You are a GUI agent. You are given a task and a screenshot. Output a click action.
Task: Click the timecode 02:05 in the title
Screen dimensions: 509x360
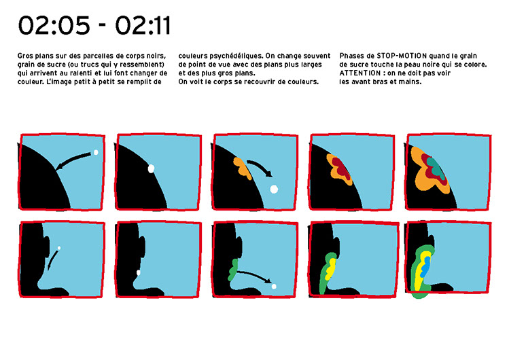pyautogui.click(x=54, y=26)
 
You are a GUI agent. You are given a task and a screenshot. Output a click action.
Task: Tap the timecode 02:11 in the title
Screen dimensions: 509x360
pyautogui.click(x=143, y=26)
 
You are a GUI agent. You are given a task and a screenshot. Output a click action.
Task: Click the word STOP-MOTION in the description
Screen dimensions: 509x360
pyautogui.click(x=402, y=56)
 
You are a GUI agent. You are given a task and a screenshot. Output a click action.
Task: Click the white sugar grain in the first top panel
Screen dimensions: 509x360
pyautogui.click(x=96, y=152)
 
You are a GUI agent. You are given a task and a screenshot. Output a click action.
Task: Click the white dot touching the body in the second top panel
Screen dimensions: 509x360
pyautogui.click(x=151, y=168)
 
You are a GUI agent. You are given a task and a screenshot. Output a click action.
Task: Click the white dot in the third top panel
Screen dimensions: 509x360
pyautogui.click(x=275, y=189)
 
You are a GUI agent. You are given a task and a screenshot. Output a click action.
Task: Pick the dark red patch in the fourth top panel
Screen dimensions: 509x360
pyautogui.click(x=341, y=168)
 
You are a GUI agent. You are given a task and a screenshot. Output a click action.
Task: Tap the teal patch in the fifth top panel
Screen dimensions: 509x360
pyautogui.click(x=436, y=166)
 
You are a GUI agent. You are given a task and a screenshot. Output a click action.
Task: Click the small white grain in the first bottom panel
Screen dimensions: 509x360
pyautogui.click(x=59, y=248)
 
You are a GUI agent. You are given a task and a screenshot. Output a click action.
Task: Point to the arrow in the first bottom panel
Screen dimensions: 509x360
pyautogui.click(x=52, y=259)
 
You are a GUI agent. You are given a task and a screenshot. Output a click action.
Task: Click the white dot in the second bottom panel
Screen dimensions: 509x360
pyautogui.click(x=139, y=273)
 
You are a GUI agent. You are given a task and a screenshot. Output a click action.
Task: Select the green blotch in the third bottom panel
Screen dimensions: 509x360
pyautogui.click(x=232, y=270)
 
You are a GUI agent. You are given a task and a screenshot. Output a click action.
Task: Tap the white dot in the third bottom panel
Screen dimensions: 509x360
pyautogui.click(x=274, y=287)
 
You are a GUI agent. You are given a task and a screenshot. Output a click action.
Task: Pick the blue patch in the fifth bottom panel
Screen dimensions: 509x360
pyautogui.click(x=425, y=266)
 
